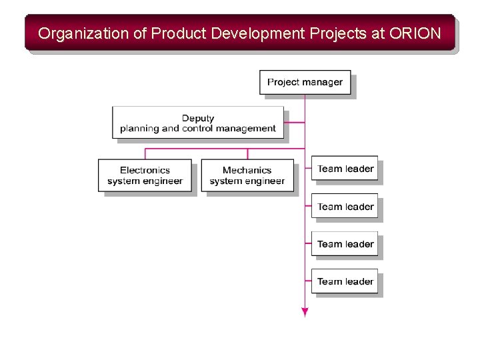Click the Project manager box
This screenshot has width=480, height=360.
click(x=305, y=83)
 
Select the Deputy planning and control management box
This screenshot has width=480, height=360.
click(x=197, y=123)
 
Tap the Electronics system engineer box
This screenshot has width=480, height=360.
click(x=145, y=175)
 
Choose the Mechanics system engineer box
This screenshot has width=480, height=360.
click(x=247, y=175)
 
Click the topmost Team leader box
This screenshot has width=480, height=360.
click(x=345, y=169)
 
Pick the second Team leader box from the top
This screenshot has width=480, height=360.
click(x=345, y=207)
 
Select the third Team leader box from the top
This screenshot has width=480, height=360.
click(x=345, y=244)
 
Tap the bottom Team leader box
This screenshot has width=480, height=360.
click(x=345, y=281)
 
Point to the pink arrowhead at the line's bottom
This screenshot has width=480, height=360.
click(x=305, y=312)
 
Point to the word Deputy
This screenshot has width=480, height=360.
click(x=198, y=118)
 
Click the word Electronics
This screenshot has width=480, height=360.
click(x=145, y=170)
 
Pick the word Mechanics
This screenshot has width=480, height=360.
click(x=247, y=170)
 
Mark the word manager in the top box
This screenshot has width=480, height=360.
click(x=325, y=83)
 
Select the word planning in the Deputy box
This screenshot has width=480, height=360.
click(x=140, y=128)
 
